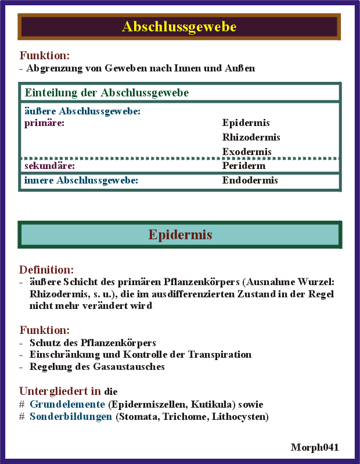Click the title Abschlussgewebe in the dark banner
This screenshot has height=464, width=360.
[179, 27]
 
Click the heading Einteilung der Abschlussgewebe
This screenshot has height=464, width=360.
[106, 93]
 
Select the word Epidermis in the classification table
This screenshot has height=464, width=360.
[246, 123]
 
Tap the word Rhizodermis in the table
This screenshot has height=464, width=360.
[251, 138]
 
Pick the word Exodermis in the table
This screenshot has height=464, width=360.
[247, 152]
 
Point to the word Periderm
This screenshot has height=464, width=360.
[244, 166]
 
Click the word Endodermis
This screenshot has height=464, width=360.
[250, 181]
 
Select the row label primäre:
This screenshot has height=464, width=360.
[44, 123]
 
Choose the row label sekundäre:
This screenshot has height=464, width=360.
[50, 166]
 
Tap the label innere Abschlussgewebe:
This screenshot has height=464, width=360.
[81, 181]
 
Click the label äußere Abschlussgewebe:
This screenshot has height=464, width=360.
[82, 111]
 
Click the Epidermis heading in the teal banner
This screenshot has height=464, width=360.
[180, 235]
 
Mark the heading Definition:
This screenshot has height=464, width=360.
[46, 270]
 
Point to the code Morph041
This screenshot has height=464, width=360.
[315, 447]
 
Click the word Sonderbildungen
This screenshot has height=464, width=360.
[71, 417]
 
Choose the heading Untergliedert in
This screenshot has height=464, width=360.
[60, 391]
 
